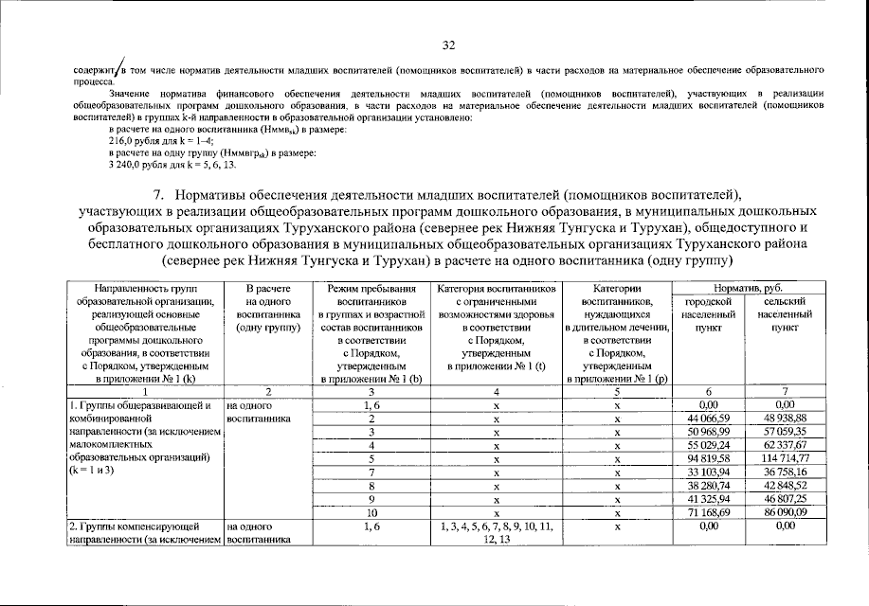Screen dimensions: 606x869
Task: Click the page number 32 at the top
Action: [x=449, y=45]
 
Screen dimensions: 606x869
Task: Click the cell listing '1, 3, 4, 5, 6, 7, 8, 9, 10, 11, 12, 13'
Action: [x=495, y=531]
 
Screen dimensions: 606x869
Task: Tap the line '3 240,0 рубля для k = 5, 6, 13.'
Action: [x=170, y=164]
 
